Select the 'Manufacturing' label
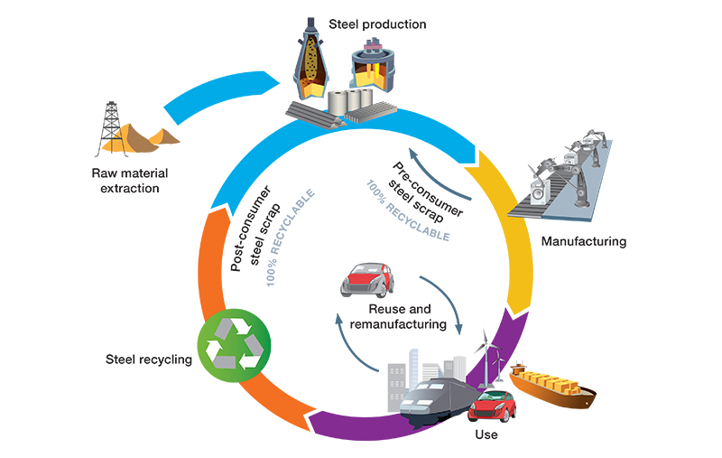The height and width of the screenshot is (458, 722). [583, 241]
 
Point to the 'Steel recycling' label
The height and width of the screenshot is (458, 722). [148, 360]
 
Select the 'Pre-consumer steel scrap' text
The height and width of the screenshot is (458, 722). [429, 191]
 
